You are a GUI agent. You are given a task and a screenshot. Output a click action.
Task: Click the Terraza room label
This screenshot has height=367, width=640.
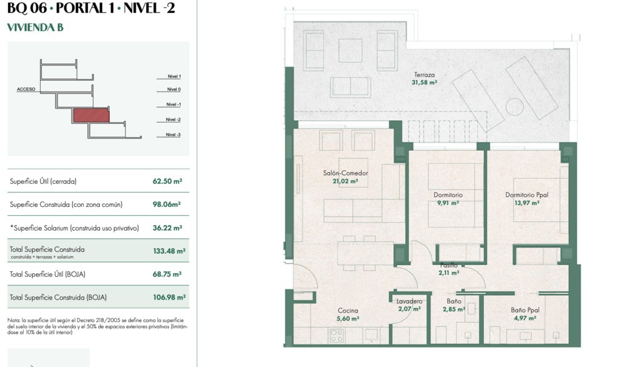point(424,74)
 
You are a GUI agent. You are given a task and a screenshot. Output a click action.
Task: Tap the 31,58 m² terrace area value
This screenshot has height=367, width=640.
point(424,83)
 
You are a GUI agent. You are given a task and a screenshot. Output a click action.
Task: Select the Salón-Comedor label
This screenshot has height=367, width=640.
point(345,173)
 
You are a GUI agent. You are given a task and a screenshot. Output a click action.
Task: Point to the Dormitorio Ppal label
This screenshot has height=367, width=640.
point(526,195)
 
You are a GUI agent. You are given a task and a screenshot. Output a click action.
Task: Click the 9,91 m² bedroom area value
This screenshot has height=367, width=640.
point(447,203)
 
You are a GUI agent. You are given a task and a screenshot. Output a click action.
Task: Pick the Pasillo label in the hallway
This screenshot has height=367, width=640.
point(449,265)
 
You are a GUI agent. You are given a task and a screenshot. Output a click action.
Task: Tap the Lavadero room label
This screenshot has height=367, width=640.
point(409,301)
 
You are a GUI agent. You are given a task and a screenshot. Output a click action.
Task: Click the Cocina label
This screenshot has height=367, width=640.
point(347,311)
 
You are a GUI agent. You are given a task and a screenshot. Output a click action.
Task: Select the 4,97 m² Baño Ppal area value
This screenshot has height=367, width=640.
point(525,318)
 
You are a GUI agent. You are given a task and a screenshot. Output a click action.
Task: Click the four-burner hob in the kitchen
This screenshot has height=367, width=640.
point(337,336)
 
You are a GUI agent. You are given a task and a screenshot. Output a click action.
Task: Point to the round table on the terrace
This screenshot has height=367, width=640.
point(514,107)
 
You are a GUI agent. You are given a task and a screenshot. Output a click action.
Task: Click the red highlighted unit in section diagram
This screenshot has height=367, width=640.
point(91,115)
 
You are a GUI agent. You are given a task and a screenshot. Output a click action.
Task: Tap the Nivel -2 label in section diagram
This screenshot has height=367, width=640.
point(173,119)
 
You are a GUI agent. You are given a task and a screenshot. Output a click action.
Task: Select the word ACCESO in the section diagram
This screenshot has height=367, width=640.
point(26,89)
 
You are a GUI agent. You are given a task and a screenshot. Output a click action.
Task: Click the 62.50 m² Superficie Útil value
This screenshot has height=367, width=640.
point(167,181)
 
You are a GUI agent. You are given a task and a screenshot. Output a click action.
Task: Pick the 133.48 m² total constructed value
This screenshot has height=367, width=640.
point(169,251)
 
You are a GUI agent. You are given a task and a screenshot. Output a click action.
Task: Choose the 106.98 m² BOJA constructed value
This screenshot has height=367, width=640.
point(169,298)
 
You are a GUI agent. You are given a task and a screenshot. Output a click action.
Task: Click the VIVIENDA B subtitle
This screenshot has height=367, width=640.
point(35,28)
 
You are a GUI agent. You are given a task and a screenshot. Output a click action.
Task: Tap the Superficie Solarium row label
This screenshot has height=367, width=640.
point(74,228)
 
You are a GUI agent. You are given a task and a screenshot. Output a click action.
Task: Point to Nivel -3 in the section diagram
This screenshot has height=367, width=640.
point(173,134)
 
